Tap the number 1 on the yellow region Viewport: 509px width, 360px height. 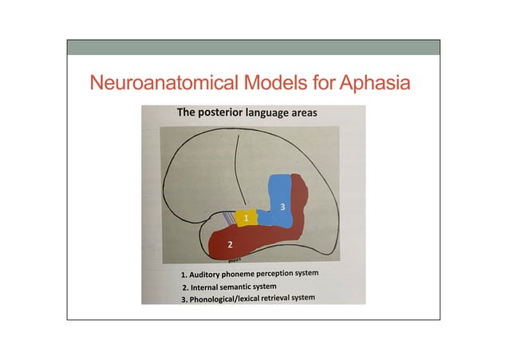point(247,218)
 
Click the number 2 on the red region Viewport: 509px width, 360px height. point(230,243)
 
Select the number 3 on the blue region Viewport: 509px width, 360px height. point(282,207)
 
